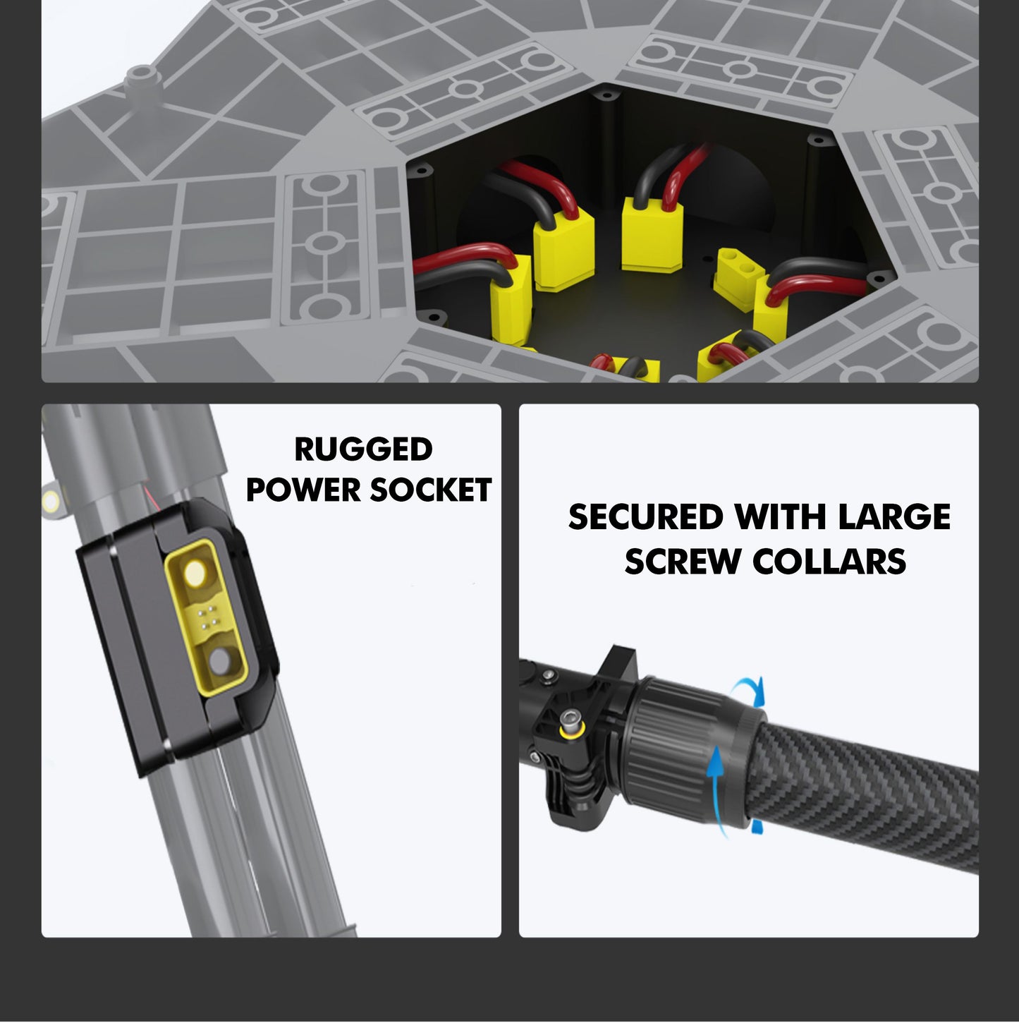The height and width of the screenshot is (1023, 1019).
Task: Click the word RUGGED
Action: coord(364,449)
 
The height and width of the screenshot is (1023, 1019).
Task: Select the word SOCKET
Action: coord(430,490)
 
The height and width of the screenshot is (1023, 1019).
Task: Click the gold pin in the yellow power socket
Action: coord(195,573)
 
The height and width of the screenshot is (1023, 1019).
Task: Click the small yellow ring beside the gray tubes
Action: coord(51,500)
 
